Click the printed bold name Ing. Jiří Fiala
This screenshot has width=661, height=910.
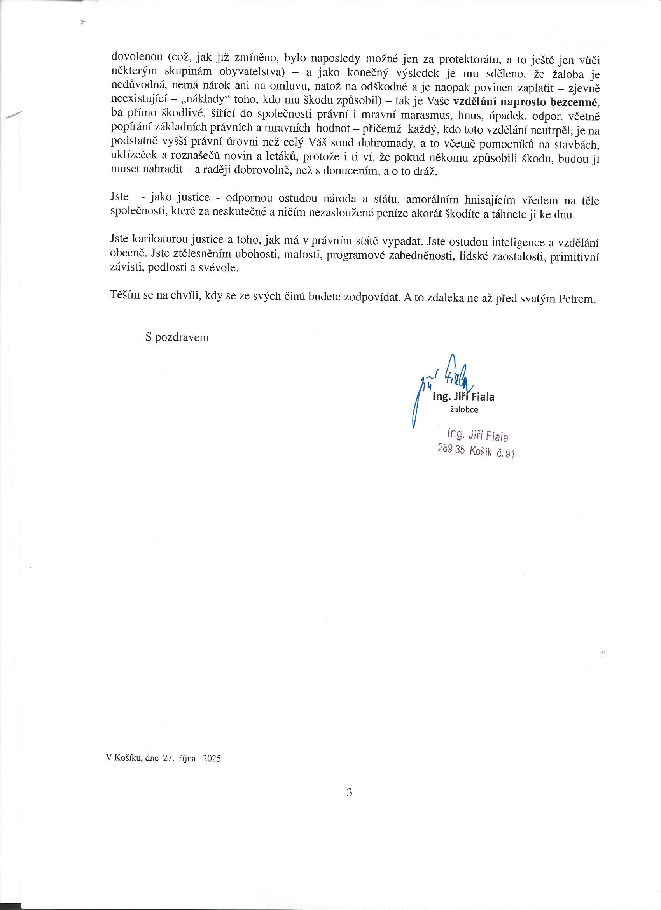tap(463, 397)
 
